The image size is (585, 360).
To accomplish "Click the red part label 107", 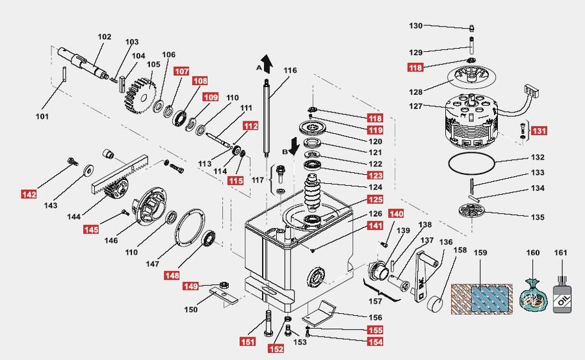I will (181, 71).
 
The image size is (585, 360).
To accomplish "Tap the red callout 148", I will (172, 276).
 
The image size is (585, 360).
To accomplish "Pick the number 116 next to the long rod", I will (290, 71).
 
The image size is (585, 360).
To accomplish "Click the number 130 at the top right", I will (416, 26).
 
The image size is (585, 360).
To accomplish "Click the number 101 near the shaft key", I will (42, 117).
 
